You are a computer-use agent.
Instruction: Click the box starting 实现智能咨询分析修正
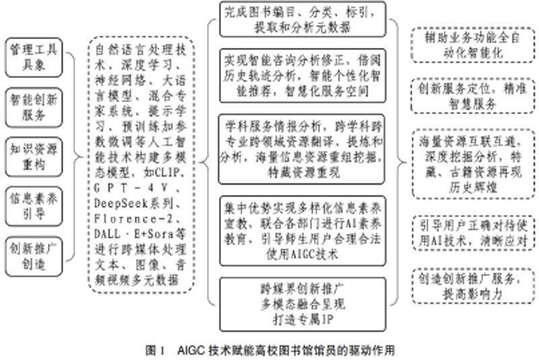coord(303,75)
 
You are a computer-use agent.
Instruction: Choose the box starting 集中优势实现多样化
coord(303,229)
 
